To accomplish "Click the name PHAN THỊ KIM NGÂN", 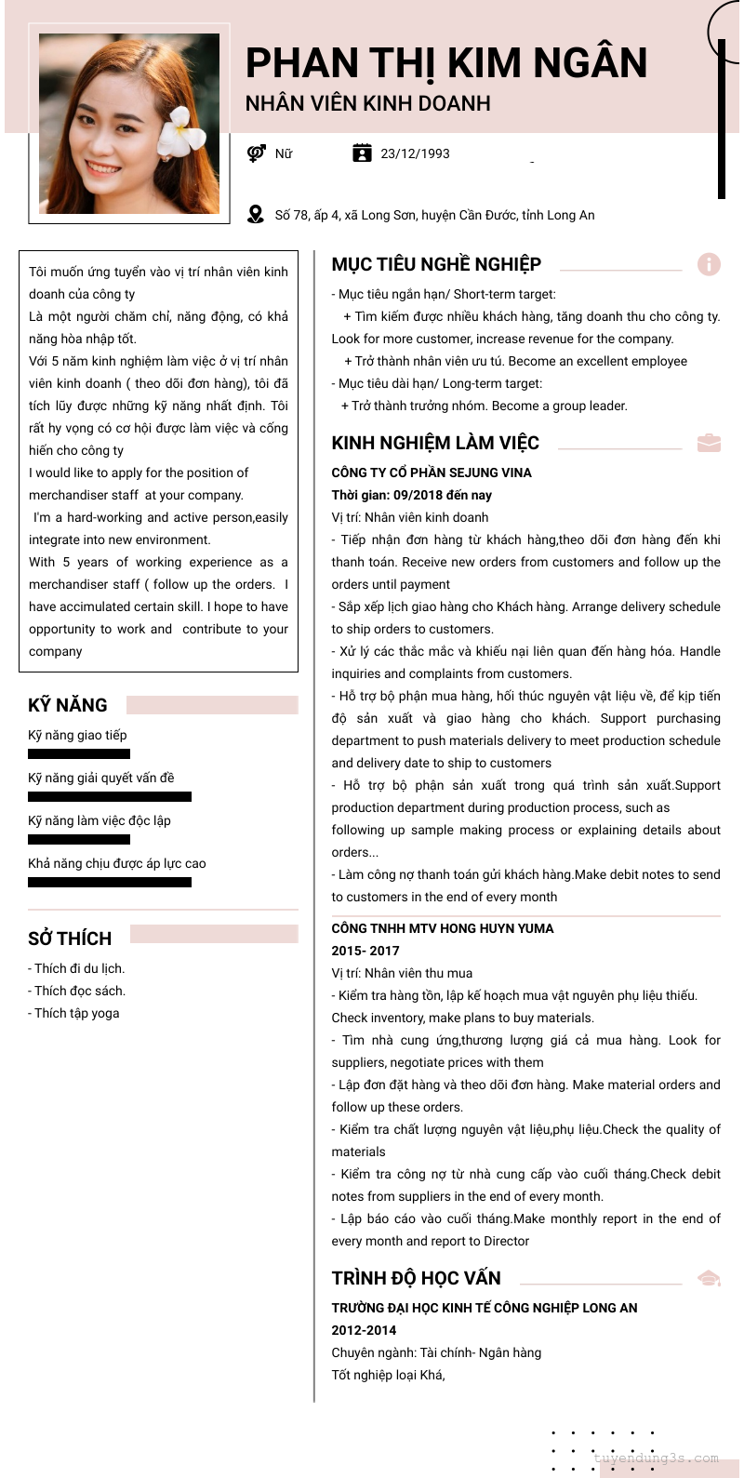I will pyautogui.click(x=445, y=63).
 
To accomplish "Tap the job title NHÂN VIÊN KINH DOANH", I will pyautogui.click(x=367, y=103).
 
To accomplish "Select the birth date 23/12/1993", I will pyautogui.click(x=415, y=153).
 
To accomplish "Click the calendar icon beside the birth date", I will pyautogui.click(x=362, y=153).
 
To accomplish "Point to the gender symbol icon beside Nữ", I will pyautogui.click(x=257, y=153).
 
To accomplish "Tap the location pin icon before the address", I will pyautogui.click(x=256, y=215).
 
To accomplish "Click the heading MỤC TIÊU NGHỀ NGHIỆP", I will pyautogui.click(x=436, y=264).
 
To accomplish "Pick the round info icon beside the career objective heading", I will pyautogui.click(x=709, y=264).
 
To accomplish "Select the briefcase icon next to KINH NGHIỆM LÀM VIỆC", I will pyautogui.click(x=709, y=443).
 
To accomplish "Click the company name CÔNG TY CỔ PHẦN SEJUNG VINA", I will pyautogui.click(x=432, y=473).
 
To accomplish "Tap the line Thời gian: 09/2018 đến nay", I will pyautogui.click(x=411, y=495).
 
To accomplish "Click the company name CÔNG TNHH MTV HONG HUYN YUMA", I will pyautogui.click(x=442, y=928).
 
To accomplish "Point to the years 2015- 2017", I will pyautogui.click(x=365, y=951).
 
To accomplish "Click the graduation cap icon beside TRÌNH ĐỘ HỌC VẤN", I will pyautogui.click(x=709, y=1278).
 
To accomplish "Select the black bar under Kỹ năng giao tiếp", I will pyautogui.click(x=79, y=753).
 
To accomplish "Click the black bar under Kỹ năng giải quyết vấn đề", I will pyautogui.click(x=110, y=796).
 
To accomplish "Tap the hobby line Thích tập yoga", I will pyautogui.click(x=73, y=1013).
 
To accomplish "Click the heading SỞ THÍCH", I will pyautogui.click(x=70, y=938).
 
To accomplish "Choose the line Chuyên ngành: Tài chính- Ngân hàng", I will pyautogui.click(x=436, y=1352).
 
